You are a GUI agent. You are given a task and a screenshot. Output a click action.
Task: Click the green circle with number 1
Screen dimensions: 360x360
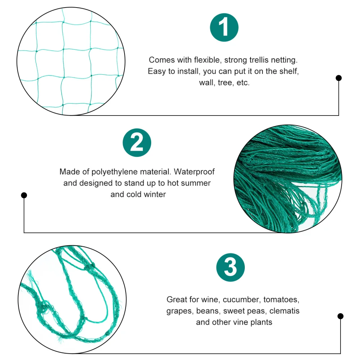[224, 28]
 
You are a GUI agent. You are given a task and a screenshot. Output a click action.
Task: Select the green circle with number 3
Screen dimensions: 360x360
[230, 268]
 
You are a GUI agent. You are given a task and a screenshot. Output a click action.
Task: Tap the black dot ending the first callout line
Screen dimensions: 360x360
[338, 78]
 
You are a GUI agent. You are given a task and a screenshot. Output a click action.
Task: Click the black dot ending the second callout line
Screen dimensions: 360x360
[24, 195]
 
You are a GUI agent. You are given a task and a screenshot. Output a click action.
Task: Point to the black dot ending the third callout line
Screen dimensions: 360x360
[340, 316]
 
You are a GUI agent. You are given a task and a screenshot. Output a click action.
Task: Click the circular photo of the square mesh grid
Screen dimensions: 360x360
[71, 61]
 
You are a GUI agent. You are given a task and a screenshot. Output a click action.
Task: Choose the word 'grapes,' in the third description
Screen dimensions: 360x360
[179, 311]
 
